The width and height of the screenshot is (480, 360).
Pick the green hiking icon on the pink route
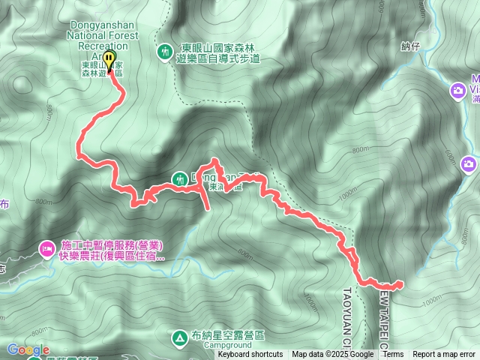click(x=180, y=178)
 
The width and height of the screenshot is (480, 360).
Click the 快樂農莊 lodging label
click(x=112, y=256)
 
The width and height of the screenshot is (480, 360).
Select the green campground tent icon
click(x=180, y=338)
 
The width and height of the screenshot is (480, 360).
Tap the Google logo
click(x=28, y=349)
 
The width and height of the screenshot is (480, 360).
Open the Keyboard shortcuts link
click(x=250, y=355)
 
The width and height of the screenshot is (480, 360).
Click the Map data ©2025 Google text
click(x=333, y=355)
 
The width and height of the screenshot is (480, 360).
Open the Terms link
click(x=393, y=355)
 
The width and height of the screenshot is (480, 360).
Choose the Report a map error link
click(x=444, y=355)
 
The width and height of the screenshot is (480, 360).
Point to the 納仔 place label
click(x=409, y=46)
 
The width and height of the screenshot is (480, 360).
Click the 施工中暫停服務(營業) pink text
click(x=112, y=245)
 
